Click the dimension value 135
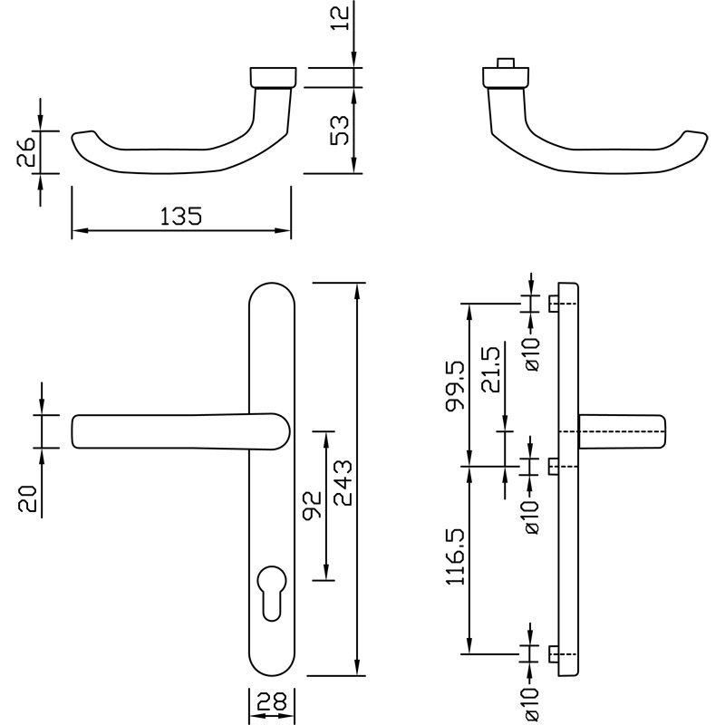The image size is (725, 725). pos(179,217)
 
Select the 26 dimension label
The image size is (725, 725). pos(27,151)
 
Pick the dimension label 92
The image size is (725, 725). pos(311,506)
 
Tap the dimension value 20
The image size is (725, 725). pos(27,499)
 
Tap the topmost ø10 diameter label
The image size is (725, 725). pos(532,353)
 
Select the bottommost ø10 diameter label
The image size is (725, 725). pos(532,704)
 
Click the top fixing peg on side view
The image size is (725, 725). pos(553,304)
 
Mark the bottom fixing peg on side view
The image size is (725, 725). pos(553,652)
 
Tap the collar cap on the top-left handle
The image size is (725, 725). pos(271,76)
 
